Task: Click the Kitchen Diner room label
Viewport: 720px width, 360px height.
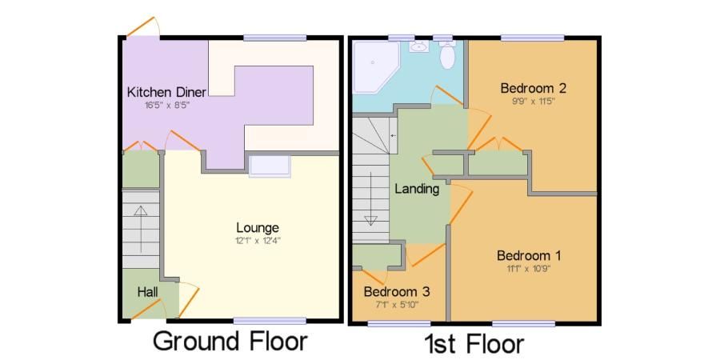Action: tap(166, 91)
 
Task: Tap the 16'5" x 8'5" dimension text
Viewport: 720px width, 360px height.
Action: tap(166, 105)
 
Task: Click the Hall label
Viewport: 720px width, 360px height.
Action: tap(148, 292)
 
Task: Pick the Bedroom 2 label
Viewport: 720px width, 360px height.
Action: tap(533, 88)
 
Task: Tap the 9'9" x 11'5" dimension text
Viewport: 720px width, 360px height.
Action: tap(533, 102)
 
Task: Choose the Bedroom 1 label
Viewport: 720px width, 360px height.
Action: tap(529, 255)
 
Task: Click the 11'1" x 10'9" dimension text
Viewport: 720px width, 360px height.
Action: tap(529, 269)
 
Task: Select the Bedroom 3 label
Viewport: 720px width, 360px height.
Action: tap(397, 291)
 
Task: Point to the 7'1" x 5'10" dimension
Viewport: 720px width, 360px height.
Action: tap(397, 304)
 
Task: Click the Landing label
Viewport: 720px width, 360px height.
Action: tap(417, 189)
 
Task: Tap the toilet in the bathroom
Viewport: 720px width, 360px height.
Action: tap(446, 54)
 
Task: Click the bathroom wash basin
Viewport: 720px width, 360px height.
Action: tap(418, 46)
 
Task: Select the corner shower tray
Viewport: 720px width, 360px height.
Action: tap(376, 67)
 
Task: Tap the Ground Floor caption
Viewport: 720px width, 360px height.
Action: tap(230, 342)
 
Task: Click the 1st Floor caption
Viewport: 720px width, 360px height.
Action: tap(474, 343)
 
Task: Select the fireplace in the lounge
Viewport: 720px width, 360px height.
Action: tap(270, 166)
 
